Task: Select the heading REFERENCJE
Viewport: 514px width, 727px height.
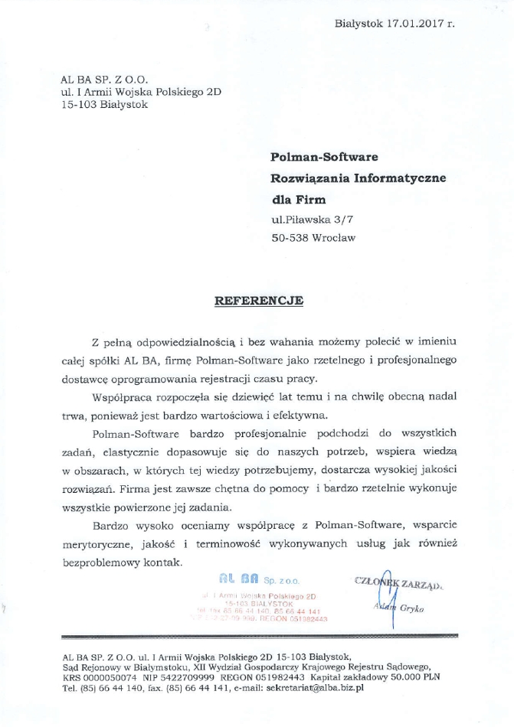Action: coord(258,301)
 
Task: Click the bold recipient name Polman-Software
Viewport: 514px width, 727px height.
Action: coord(325,157)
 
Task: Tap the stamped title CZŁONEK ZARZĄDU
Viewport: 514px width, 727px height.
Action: coord(400,582)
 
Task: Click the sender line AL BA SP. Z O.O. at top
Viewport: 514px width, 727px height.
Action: coord(103,80)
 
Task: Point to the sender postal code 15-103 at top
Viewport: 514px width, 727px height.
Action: coord(77,106)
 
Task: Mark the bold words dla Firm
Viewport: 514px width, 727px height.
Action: coord(298,200)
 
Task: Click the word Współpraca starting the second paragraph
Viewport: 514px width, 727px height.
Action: coord(125,399)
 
